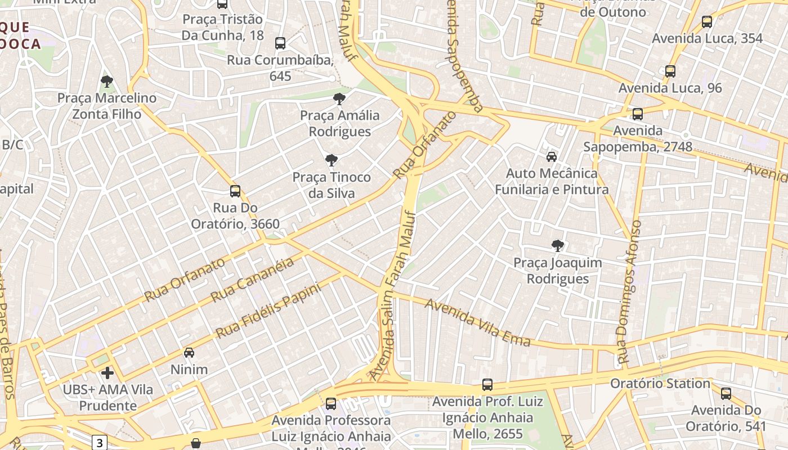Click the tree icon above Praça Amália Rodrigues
click(339, 99)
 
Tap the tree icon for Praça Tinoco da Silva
click(332, 160)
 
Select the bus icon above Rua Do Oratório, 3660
click(235, 191)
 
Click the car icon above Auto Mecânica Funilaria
click(552, 156)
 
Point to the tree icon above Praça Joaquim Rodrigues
click(557, 245)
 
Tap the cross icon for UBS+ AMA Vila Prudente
click(107, 372)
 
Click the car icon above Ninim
click(189, 353)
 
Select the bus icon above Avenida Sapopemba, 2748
click(638, 114)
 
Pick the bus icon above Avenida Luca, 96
click(670, 71)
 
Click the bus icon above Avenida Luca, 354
click(707, 22)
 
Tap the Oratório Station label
click(661, 384)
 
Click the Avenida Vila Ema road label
click(478, 322)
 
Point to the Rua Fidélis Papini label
click(268, 310)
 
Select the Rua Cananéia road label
click(252, 280)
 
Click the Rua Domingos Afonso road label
click(629, 291)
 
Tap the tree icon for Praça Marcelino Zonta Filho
click(106, 82)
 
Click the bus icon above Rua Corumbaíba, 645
click(280, 43)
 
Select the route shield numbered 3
click(100, 442)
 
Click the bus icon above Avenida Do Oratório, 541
click(726, 393)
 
